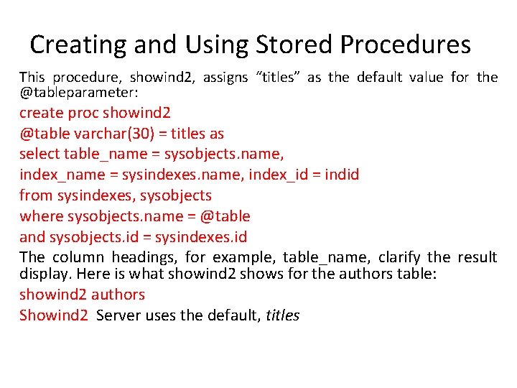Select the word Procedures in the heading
[x=406, y=45]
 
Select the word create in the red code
[x=40, y=114]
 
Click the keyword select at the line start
[x=39, y=154]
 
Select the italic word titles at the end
[x=282, y=315]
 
